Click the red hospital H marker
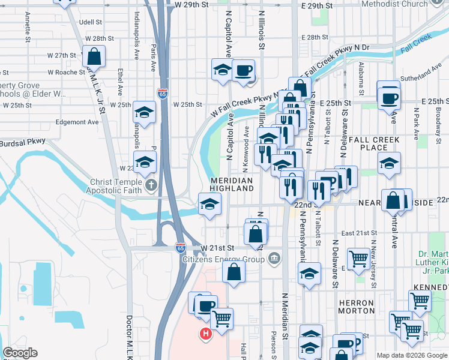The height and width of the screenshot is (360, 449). click(x=206, y=334)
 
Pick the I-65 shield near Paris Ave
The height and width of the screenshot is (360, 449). click(x=163, y=93)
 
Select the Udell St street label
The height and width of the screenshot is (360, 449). click(x=90, y=22)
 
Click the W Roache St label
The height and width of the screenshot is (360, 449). click(x=67, y=72)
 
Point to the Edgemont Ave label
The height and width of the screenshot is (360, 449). click(x=76, y=122)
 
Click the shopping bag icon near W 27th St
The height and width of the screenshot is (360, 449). click(x=94, y=58)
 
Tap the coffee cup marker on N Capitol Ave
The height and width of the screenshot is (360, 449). click(x=244, y=71)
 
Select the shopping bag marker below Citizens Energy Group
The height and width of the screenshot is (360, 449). click(x=234, y=272)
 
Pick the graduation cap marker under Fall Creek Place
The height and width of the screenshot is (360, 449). click(x=389, y=163)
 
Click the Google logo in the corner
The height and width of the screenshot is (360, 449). click(x=20, y=353)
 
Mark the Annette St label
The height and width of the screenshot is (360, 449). click(x=28, y=29)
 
